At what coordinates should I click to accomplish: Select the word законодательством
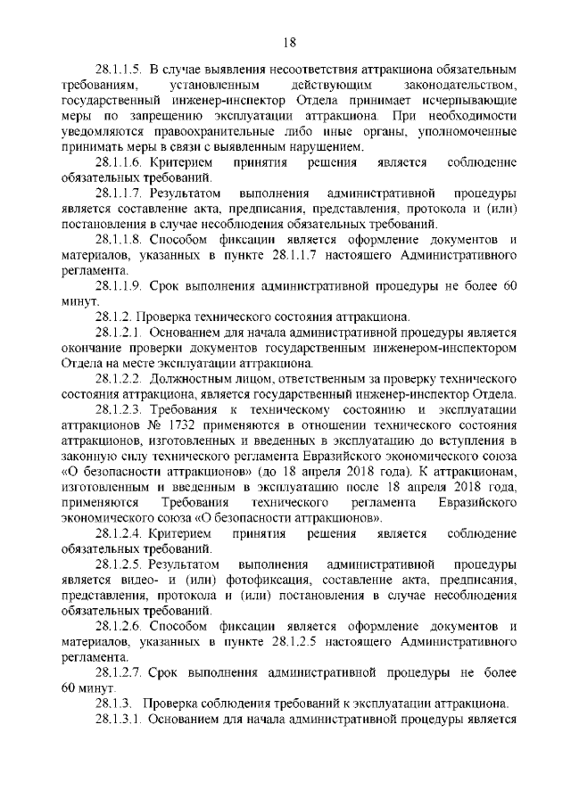point(458,85)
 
